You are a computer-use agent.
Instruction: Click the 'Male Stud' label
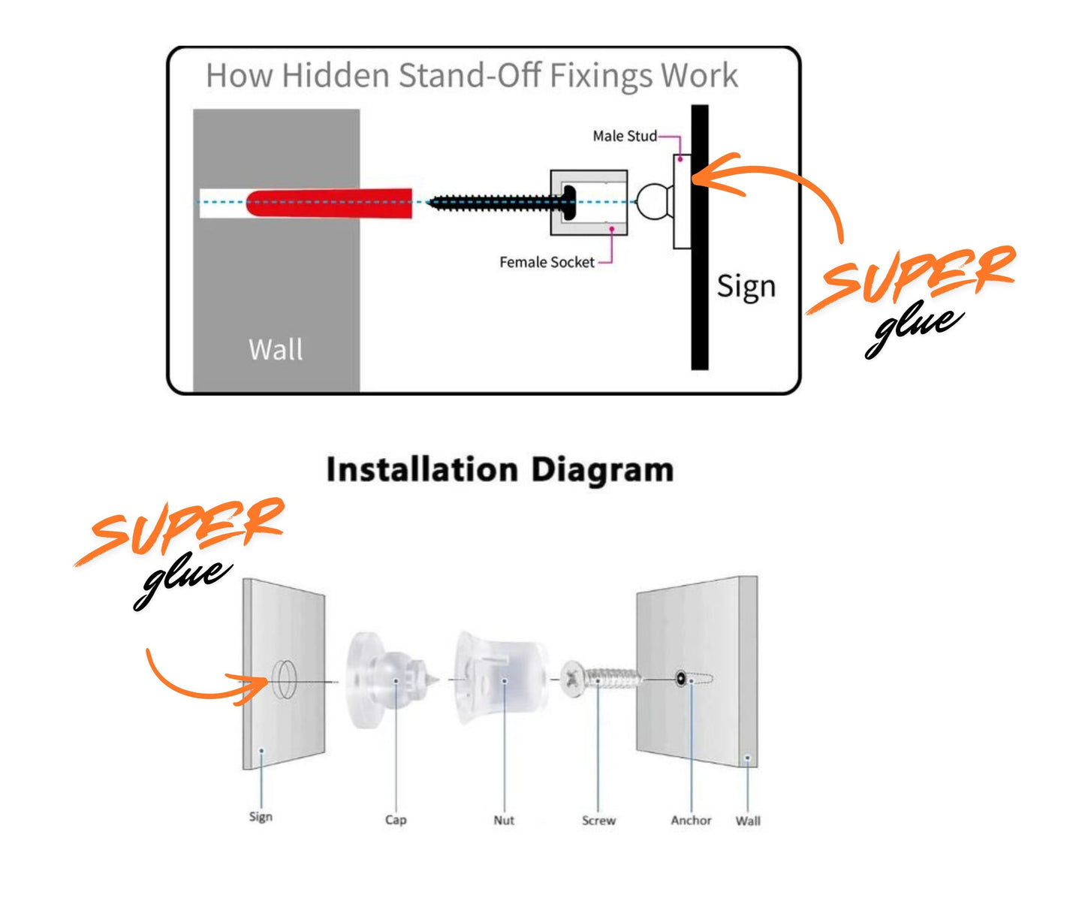[624, 136]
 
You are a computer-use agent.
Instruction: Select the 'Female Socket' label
[547, 262]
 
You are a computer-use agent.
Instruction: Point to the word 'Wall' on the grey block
[276, 349]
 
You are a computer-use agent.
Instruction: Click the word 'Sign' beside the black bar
[746, 287]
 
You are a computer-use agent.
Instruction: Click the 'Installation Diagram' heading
[499, 470]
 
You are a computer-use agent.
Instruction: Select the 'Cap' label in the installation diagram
[396, 819]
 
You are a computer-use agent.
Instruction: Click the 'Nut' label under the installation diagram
[504, 820]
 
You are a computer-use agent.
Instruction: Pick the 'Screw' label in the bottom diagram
[598, 821]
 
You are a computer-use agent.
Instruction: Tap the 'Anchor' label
[691, 821]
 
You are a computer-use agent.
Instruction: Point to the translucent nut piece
[499, 679]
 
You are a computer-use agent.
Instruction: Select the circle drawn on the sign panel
[285, 679]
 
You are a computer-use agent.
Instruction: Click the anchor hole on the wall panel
[681, 679]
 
